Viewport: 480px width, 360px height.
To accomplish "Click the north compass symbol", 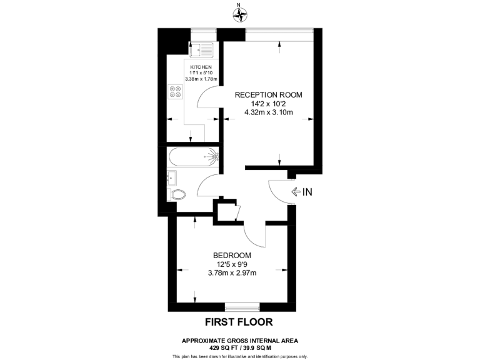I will point(239,12).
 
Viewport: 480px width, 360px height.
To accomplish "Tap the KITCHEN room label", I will point(201,67).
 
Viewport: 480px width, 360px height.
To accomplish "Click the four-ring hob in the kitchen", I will point(176,92).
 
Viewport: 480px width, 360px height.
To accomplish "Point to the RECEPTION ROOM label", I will point(268,95).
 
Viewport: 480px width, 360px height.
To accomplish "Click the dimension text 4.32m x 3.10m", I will point(268,113).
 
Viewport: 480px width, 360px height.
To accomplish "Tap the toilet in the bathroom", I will point(177,194).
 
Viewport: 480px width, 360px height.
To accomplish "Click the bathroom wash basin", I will point(172,177).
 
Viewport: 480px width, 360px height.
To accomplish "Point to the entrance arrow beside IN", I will point(295,192).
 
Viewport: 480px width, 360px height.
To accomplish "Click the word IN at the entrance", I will point(307,192).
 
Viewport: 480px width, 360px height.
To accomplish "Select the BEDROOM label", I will point(232,255).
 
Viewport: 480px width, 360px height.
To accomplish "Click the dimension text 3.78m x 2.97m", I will point(232,272).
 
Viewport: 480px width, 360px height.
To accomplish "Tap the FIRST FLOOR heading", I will point(239,322).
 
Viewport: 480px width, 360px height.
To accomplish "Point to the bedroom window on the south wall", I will point(242,307).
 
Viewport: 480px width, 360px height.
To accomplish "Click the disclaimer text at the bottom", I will point(239,356).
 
